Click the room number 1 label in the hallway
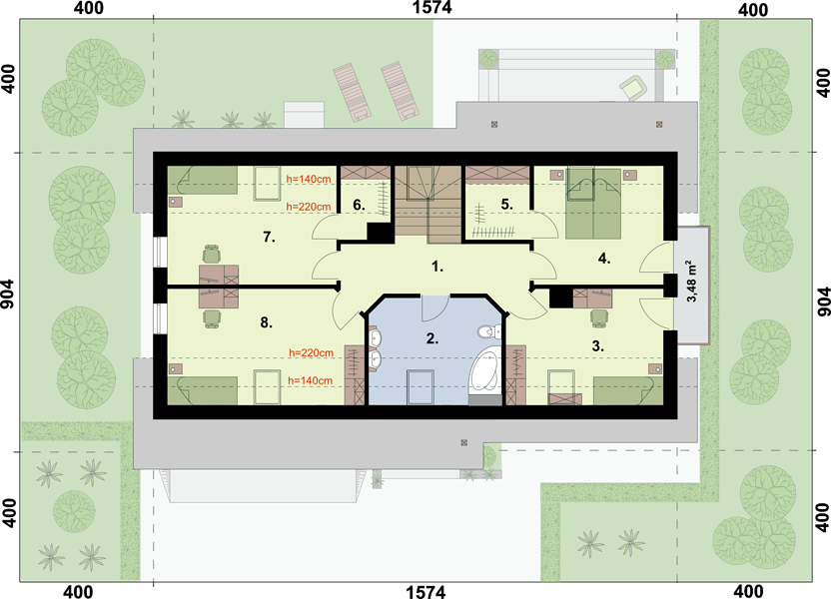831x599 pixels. coord(437,267)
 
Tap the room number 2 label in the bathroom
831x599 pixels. coord(432,338)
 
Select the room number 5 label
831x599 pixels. coord(506,204)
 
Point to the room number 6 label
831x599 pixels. coord(359,205)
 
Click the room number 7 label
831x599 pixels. coord(270,237)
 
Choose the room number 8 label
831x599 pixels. coord(266,322)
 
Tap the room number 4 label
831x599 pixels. coord(604,259)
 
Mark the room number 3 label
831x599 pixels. coord(598,345)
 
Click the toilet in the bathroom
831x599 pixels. coord(488,332)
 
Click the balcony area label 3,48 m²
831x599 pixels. coord(691,282)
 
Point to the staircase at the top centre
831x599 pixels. coord(427,205)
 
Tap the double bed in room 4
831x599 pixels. coord(593,204)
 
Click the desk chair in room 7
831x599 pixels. coord(212,254)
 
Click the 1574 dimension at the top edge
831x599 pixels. coord(431,7)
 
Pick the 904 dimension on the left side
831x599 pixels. coord(7,301)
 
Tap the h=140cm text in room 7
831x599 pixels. coord(309,179)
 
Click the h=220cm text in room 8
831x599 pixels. coord(311,352)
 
